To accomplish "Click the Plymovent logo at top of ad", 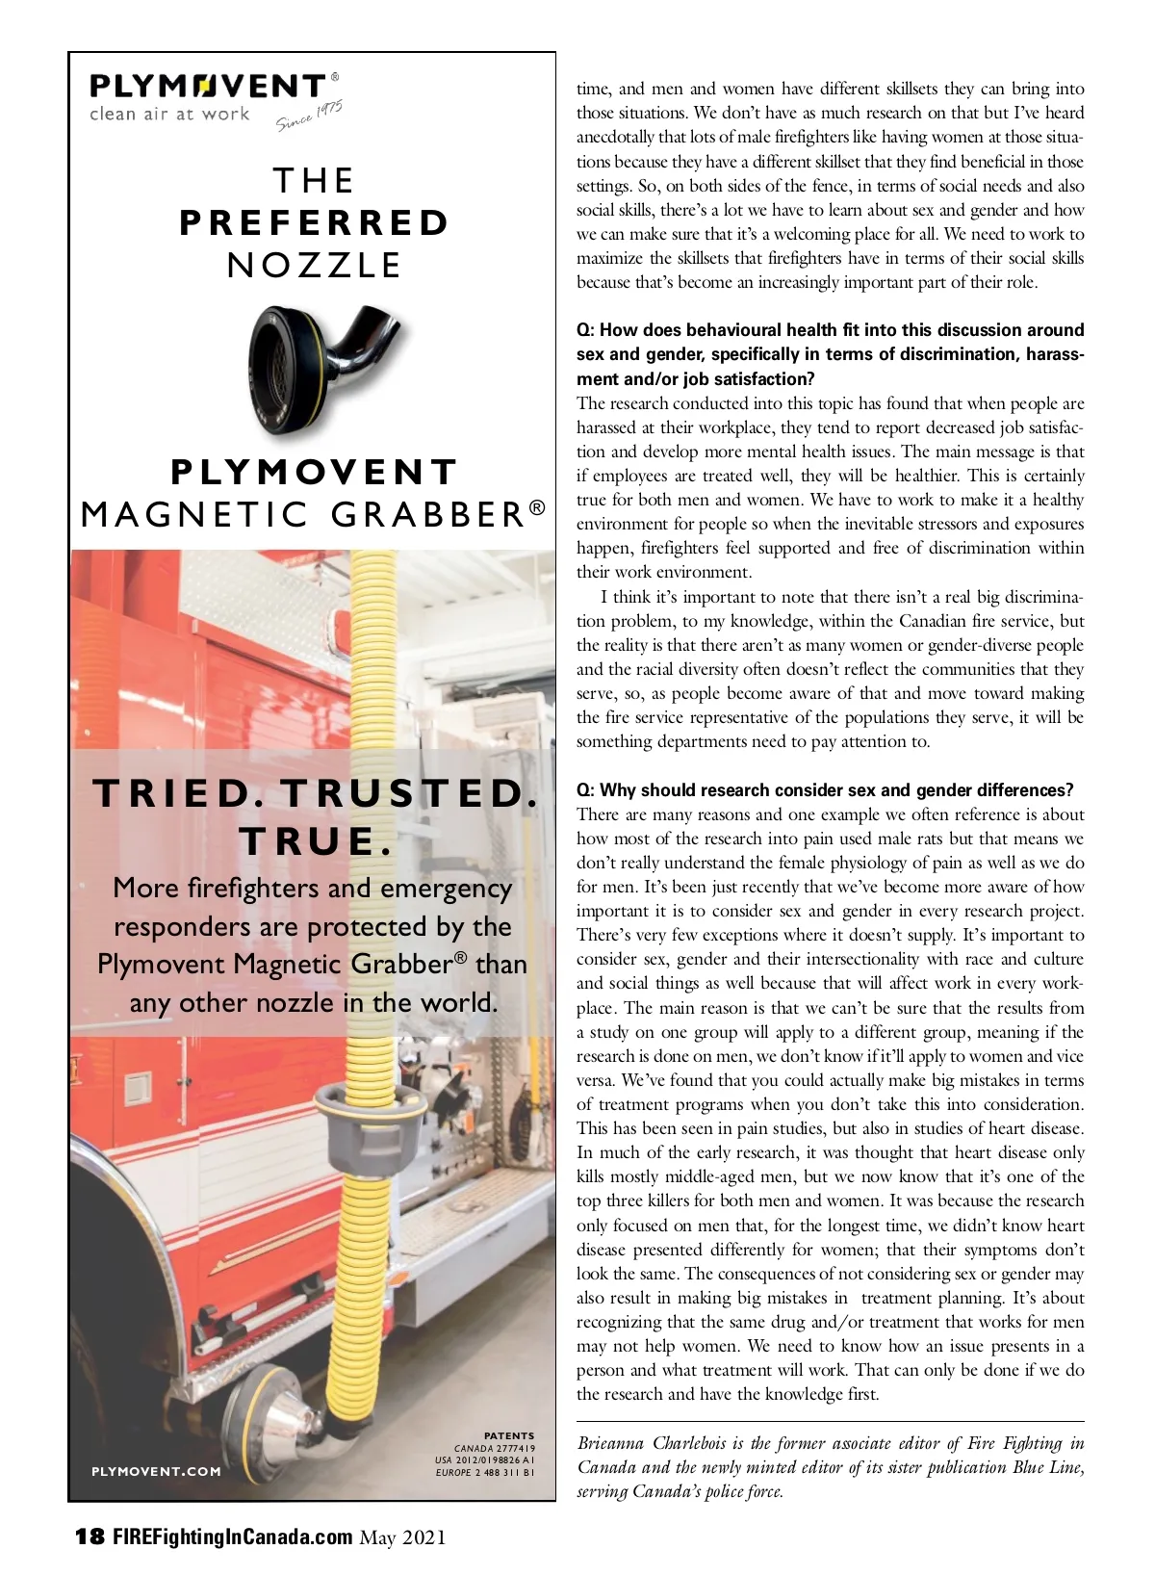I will tap(208, 87).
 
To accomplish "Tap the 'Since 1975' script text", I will tap(310, 116).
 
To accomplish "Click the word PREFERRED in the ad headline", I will tap(314, 223).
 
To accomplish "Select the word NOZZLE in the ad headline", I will tap(314, 266).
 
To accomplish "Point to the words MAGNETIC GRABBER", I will tap(314, 515).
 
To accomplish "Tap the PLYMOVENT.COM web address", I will tap(156, 1471).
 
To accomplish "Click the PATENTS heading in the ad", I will tap(509, 1435).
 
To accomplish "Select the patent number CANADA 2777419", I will tap(495, 1448).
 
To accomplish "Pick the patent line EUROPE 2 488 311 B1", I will tap(485, 1472).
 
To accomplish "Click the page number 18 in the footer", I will tap(90, 1536).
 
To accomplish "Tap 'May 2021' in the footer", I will tap(402, 1537).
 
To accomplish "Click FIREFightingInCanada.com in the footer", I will tap(232, 1536).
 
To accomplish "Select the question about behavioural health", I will tap(830, 354).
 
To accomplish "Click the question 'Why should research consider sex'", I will tap(824, 790).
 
